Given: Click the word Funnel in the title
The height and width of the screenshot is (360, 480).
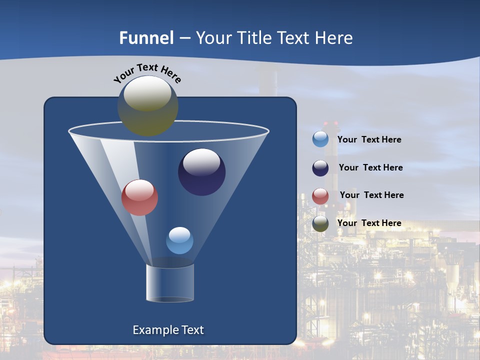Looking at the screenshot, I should pyautogui.click(x=146, y=38).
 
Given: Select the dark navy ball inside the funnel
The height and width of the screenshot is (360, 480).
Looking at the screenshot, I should pyautogui.click(x=201, y=172).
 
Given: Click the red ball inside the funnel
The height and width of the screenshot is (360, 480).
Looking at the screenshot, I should pyautogui.click(x=139, y=197).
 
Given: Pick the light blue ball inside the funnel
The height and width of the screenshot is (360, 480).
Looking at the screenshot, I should pyautogui.click(x=179, y=240).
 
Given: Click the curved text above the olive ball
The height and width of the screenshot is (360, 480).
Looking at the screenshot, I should pyautogui.click(x=147, y=72).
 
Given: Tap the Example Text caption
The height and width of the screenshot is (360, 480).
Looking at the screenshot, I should pyautogui.click(x=168, y=330).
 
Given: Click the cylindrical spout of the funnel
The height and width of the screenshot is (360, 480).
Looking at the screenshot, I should pyautogui.click(x=170, y=283).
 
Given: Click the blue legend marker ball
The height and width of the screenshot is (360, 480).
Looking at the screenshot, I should pyautogui.click(x=320, y=139).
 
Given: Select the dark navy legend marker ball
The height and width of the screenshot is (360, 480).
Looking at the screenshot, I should pyautogui.click(x=320, y=168).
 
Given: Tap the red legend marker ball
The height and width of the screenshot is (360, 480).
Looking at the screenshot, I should pyautogui.click(x=320, y=196).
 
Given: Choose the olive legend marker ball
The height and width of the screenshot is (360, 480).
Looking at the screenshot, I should pyautogui.click(x=320, y=223).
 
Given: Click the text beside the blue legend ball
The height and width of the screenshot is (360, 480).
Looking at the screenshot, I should pyautogui.click(x=369, y=140).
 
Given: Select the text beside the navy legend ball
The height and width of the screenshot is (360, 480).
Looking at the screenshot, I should pyautogui.click(x=370, y=168).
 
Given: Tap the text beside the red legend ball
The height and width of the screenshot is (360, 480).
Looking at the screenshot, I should pyautogui.click(x=371, y=195).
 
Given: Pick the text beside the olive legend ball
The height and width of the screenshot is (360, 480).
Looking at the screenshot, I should pyautogui.click(x=369, y=223).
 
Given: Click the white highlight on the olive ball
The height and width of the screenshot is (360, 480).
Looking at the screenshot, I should pyautogui.click(x=147, y=93).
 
